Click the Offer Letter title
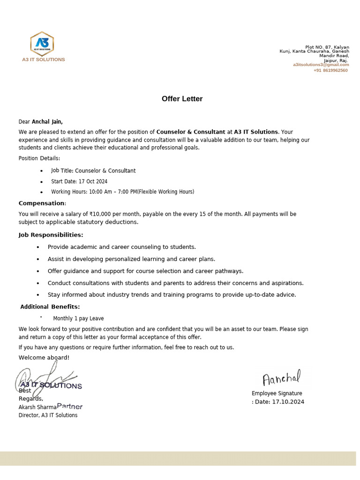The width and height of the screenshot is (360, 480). [182, 99]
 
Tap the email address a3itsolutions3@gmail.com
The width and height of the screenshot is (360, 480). [321, 65]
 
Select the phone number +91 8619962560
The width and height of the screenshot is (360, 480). [330, 70]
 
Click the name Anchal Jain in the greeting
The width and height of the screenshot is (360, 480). [47, 122]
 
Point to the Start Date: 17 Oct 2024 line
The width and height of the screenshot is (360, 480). [79, 181]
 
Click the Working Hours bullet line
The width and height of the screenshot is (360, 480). [122, 192]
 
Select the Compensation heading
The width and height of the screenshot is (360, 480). [42, 203]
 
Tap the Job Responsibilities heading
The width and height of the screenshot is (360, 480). [51, 235]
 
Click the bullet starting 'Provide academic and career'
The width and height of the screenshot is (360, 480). [121, 247]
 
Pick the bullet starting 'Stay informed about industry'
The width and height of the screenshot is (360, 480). [172, 295]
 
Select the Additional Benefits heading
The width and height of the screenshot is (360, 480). [50, 307]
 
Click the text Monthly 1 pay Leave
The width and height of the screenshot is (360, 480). [78, 319]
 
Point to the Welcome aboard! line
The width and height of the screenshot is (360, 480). [44, 358]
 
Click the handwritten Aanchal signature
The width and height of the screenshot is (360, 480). [281, 378]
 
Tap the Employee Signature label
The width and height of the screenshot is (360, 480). [277, 393]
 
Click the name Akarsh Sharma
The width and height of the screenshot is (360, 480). [37, 407]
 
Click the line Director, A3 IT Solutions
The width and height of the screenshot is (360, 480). [48, 415]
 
